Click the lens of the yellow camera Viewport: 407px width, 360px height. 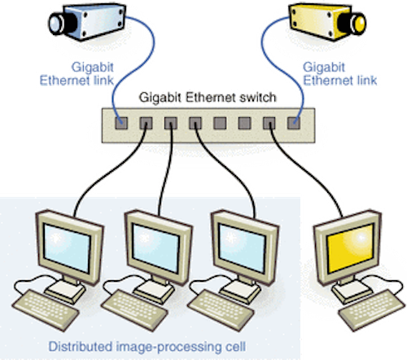point(358,24)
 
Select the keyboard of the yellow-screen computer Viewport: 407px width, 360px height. point(371,310)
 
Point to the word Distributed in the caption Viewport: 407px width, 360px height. point(80,347)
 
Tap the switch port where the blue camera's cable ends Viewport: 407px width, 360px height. point(121,123)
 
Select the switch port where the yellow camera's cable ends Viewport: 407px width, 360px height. point(294,123)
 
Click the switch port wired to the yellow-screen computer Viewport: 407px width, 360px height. point(269,123)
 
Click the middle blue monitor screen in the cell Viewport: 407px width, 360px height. point(156,248)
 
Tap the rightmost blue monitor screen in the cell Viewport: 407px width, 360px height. point(242,248)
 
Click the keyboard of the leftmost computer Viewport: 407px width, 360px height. point(45,310)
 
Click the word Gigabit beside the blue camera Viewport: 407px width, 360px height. point(93,67)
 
